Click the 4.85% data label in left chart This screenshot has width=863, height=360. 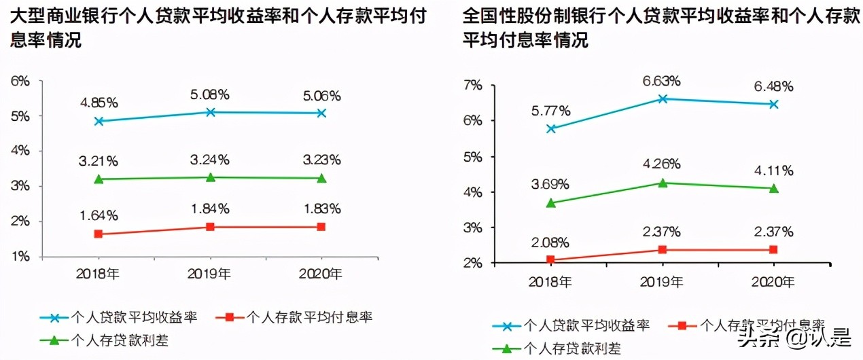click(99, 103)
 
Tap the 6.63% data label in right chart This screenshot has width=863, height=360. click(661, 81)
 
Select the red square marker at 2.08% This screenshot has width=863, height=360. click(550, 260)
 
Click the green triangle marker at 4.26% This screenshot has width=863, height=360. click(662, 183)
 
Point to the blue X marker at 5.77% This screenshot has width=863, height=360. click(550, 128)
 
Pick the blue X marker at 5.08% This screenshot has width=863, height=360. click(211, 112)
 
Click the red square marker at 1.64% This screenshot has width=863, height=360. click(99, 234)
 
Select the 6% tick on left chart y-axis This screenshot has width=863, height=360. click(20, 81)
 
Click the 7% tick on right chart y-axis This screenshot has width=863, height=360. click(472, 86)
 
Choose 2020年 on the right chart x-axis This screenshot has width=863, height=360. click(773, 281)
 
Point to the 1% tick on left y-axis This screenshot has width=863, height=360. click(20, 257)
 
